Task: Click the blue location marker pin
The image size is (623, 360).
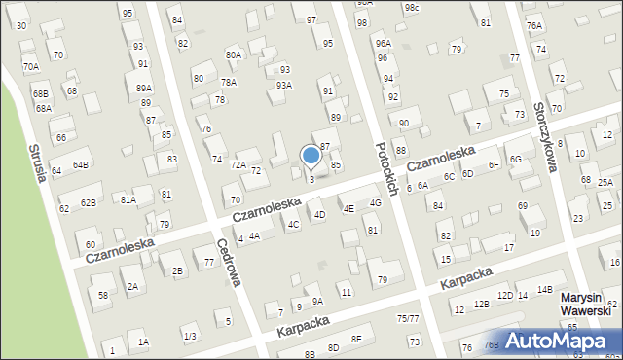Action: (x=311, y=156)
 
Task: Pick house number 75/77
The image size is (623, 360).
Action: (x=408, y=319)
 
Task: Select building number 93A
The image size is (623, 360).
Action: (x=283, y=86)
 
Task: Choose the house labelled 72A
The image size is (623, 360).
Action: (x=238, y=165)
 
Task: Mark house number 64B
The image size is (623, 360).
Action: (x=80, y=165)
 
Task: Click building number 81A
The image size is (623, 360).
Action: (x=128, y=199)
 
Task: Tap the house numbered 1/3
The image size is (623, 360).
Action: (x=190, y=337)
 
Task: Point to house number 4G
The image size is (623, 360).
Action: (x=375, y=203)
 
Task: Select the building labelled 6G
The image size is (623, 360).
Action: (x=516, y=159)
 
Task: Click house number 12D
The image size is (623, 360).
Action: (x=504, y=296)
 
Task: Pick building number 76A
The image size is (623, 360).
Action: (x=534, y=26)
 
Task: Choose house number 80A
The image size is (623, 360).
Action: (x=234, y=55)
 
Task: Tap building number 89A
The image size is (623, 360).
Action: (x=144, y=89)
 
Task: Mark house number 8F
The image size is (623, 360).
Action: (x=356, y=339)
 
